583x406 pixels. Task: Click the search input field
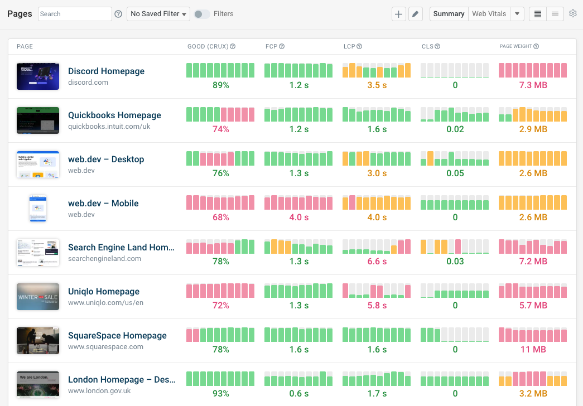point(75,14)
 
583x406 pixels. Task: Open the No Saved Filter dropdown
point(158,14)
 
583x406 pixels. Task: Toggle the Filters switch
point(201,14)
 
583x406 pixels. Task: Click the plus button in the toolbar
point(398,14)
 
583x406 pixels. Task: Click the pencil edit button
point(415,14)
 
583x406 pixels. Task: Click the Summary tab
point(449,14)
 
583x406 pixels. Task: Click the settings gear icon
point(573,14)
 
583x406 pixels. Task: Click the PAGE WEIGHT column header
point(516,46)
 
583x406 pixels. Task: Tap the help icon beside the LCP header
point(359,46)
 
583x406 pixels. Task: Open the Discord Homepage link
point(106,71)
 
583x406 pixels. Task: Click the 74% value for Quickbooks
point(220,129)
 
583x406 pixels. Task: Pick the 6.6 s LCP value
point(377,262)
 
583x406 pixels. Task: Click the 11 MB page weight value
point(533,350)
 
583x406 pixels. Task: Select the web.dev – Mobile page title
point(103,204)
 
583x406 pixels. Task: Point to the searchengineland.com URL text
point(104,259)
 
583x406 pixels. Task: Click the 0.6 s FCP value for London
point(298,394)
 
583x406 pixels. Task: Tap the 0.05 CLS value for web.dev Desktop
point(455,173)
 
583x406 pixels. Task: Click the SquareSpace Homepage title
point(117,336)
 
